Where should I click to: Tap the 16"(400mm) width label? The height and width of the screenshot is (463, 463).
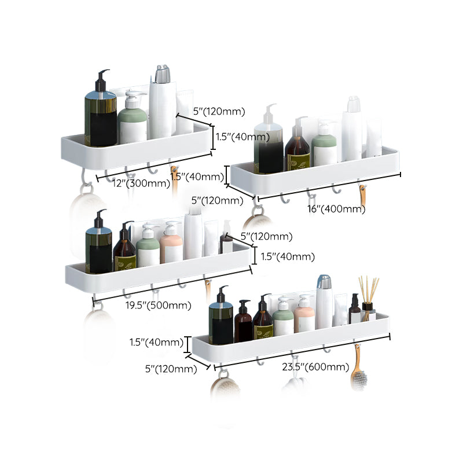(336, 208)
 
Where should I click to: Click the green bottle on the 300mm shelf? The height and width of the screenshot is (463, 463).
(132, 119)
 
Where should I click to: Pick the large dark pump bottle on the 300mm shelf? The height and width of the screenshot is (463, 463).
(100, 110)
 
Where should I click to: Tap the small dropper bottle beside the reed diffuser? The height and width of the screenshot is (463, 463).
(355, 309)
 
